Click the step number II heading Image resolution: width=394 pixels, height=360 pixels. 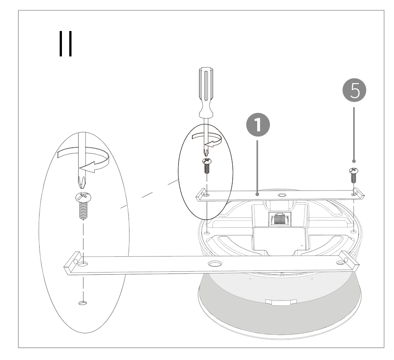(65, 43)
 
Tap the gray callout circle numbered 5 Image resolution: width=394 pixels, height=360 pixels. (354, 90)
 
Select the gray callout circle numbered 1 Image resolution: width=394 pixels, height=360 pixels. (258, 125)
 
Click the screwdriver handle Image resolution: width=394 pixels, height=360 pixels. (206, 92)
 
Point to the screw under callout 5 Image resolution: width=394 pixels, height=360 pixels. (354, 175)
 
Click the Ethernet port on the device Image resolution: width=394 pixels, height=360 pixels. (280, 219)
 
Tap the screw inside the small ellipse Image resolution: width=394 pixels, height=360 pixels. (207, 165)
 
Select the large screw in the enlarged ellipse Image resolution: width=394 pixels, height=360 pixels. (83, 206)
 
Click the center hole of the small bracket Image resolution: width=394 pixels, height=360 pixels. (282, 195)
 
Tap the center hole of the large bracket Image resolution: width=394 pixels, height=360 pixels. (215, 264)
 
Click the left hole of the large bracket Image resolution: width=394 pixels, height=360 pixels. (83, 264)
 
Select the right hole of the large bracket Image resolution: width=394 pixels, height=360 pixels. (341, 263)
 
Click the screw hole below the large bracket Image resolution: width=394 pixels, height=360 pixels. (83, 303)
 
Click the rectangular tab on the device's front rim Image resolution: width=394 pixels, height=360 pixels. (281, 302)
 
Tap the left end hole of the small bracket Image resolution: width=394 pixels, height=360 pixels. (206, 195)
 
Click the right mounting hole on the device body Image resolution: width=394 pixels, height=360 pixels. (353, 231)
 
